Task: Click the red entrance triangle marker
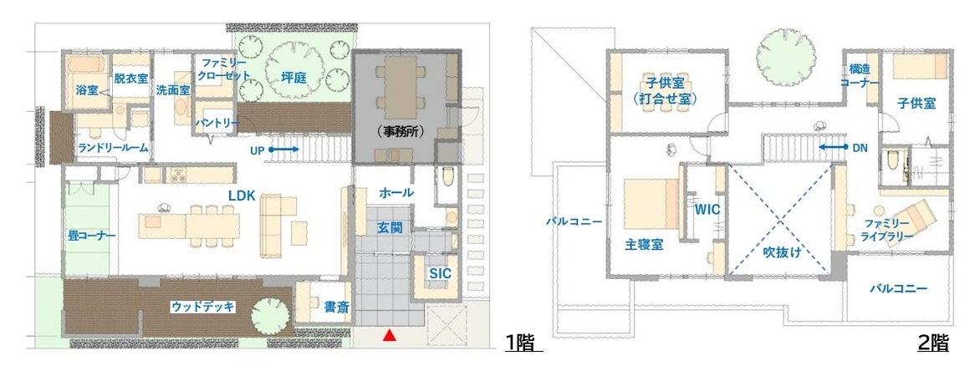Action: click(x=390, y=335)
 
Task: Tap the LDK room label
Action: click(x=242, y=196)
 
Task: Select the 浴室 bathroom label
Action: click(x=87, y=90)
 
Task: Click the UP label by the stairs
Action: click(x=258, y=150)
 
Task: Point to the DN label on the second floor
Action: click(x=860, y=147)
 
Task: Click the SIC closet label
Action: click(x=440, y=273)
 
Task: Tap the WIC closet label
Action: click(x=707, y=210)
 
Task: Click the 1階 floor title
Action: click(x=523, y=343)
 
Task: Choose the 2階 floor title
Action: click(x=933, y=343)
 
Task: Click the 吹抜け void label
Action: click(x=782, y=252)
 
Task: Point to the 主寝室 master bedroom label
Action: click(x=644, y=245)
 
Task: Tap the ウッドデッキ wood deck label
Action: click(x=203, y=307)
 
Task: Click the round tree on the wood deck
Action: click(x=270, y=317)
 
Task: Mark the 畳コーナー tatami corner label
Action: click(x=92, y=236)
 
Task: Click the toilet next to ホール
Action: click(x=447, y=177)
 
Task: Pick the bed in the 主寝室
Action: click(x=651, y=204)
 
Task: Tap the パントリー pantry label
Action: click(x=217, y=123)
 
